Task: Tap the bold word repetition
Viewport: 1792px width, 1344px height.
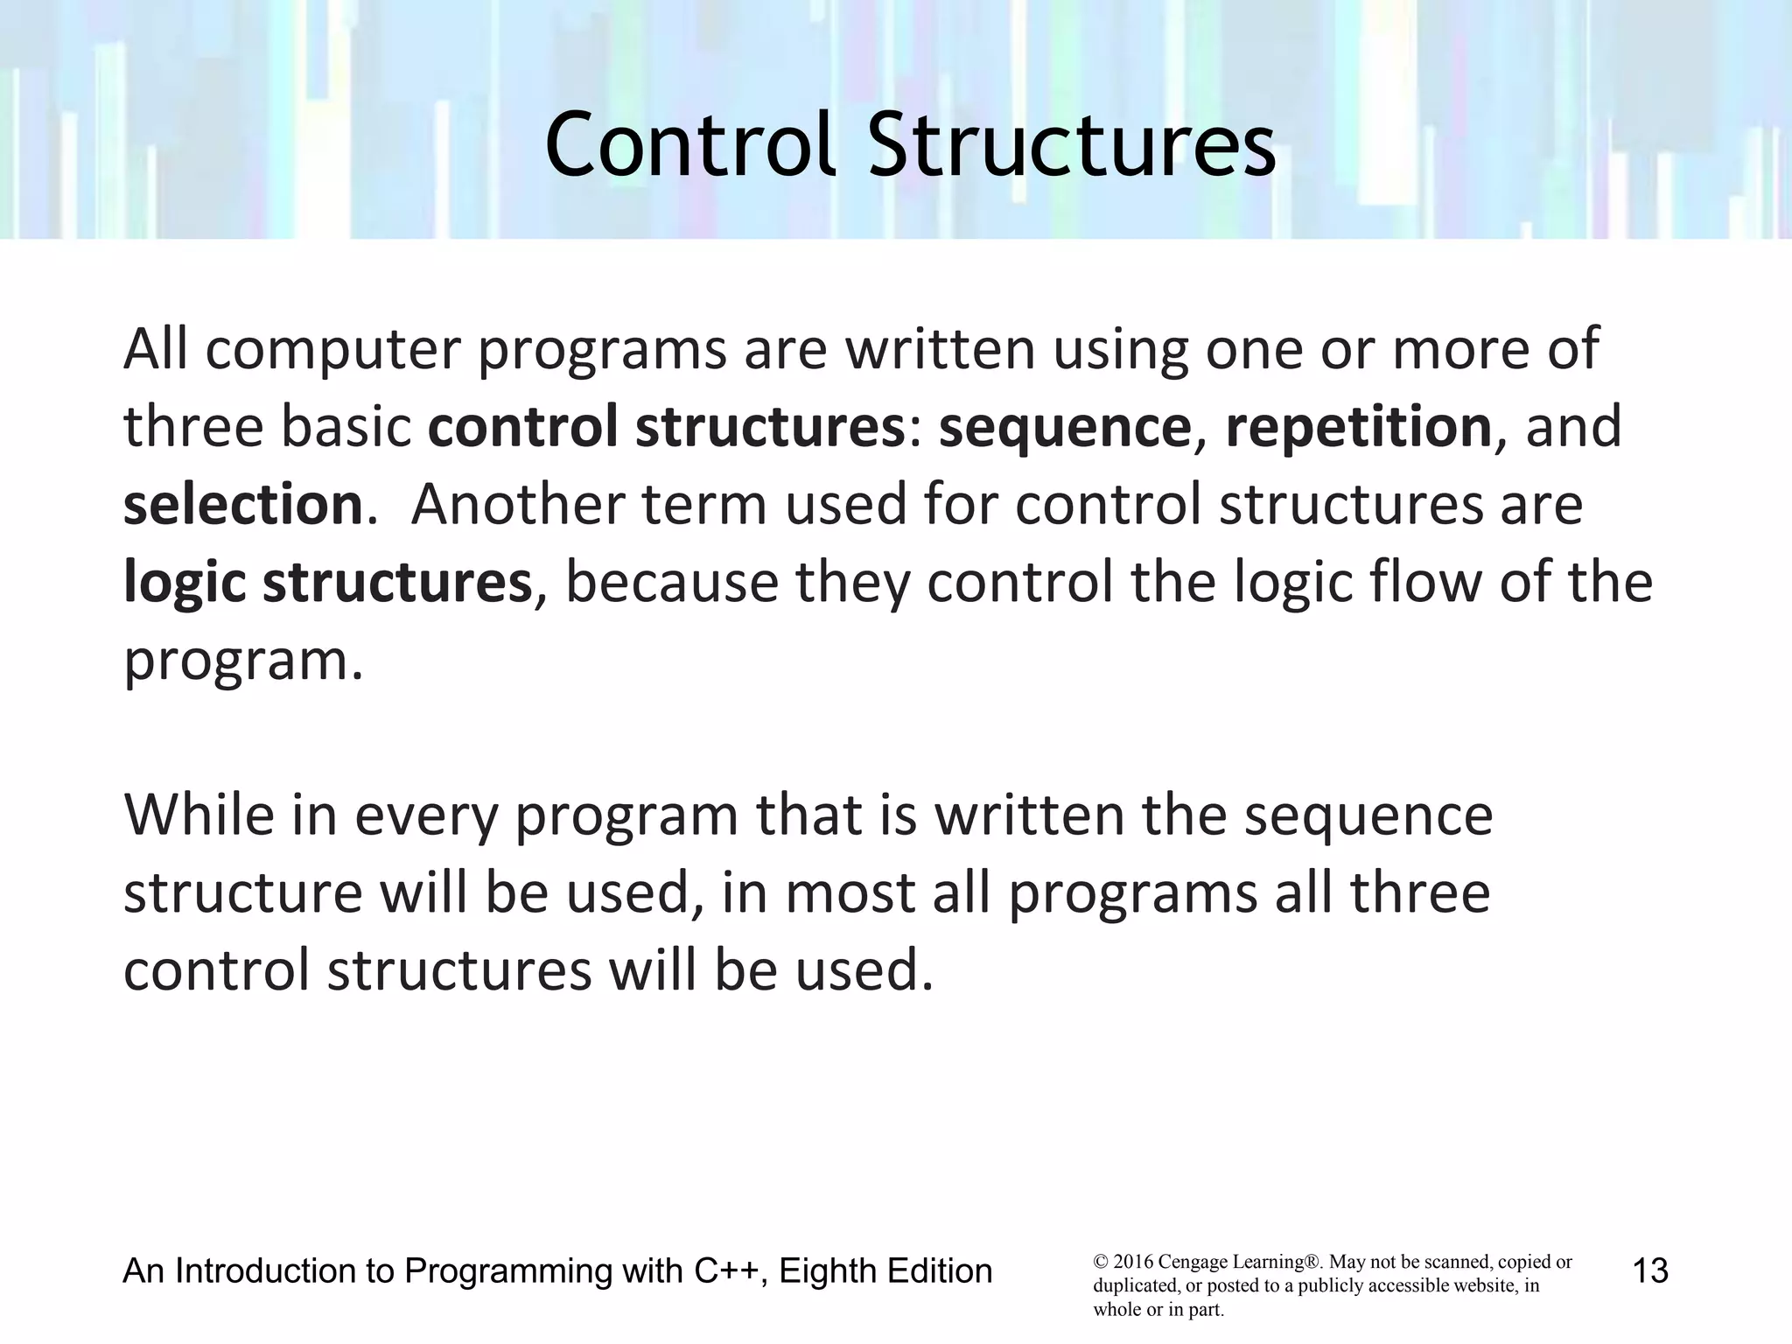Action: tap(1358, 427)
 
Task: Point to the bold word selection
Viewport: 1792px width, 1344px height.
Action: tap(242, 505)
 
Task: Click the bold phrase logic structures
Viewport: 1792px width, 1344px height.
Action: tap(327, 583)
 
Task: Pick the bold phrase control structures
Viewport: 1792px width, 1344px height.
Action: tap(665, 427)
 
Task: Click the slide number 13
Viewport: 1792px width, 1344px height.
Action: tap(1650, 1270)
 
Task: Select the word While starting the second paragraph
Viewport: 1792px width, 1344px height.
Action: tap(199, 815)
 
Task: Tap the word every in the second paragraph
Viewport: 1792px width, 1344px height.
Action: tap(425, 815)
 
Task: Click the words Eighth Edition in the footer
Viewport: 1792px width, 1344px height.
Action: tap(885, 1270)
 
